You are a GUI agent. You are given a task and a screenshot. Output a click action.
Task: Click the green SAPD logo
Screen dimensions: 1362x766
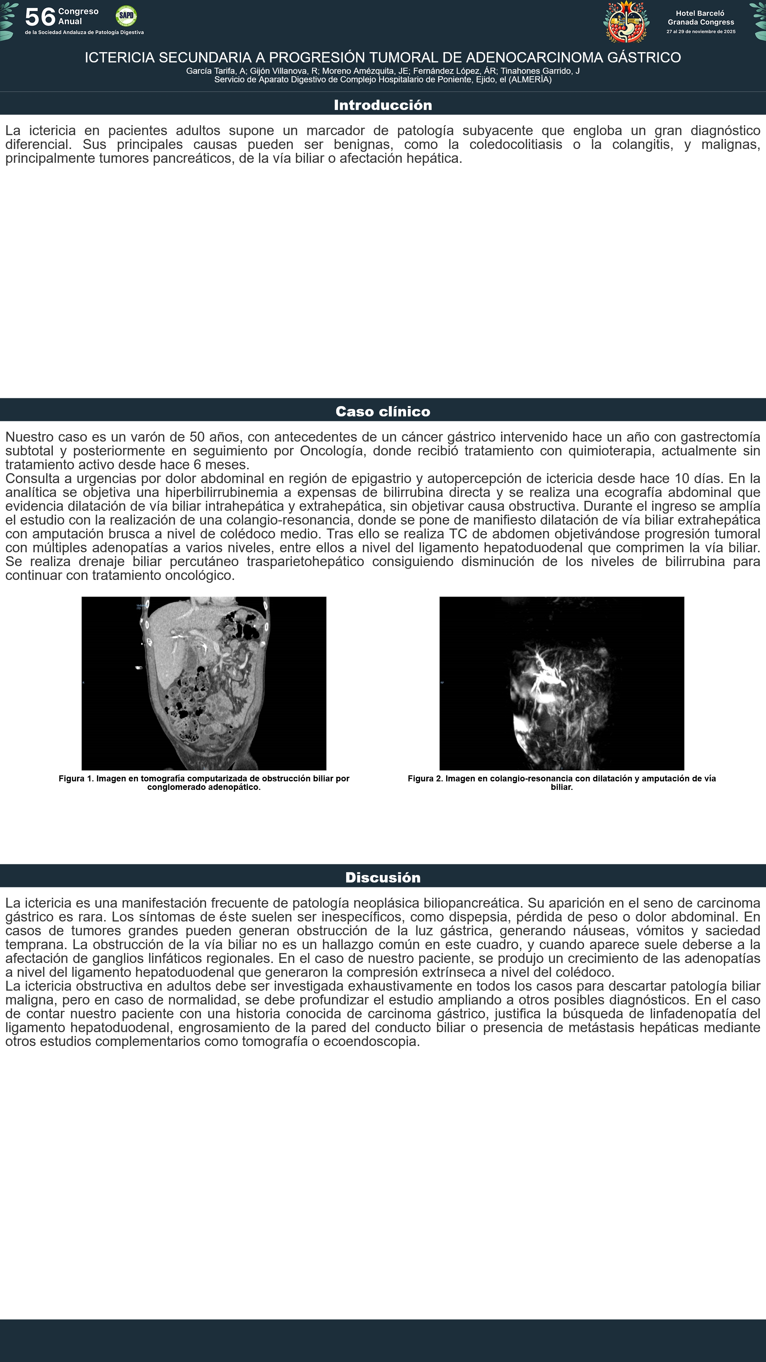pos(126,16)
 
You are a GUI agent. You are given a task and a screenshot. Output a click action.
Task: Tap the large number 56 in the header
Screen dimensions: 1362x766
pos(40,17)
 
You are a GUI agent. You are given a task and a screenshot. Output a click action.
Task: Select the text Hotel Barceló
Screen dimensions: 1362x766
pos(700,13)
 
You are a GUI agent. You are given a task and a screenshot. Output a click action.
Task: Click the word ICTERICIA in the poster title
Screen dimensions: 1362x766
pos(120,57)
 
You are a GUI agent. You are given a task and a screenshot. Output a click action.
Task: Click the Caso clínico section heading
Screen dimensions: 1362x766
pos(383,411)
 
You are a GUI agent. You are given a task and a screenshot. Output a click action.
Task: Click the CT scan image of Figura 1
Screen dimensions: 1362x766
pos(204,683)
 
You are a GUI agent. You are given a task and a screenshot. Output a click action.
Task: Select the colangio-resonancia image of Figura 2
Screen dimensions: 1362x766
pos(561,683)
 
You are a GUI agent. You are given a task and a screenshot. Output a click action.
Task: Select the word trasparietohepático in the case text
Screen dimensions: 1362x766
pos(305,561)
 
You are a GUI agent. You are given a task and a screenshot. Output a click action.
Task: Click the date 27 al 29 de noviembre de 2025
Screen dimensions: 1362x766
pos(700,32)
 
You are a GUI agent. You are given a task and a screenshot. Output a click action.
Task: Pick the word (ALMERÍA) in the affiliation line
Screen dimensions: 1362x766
pos(530,80)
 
